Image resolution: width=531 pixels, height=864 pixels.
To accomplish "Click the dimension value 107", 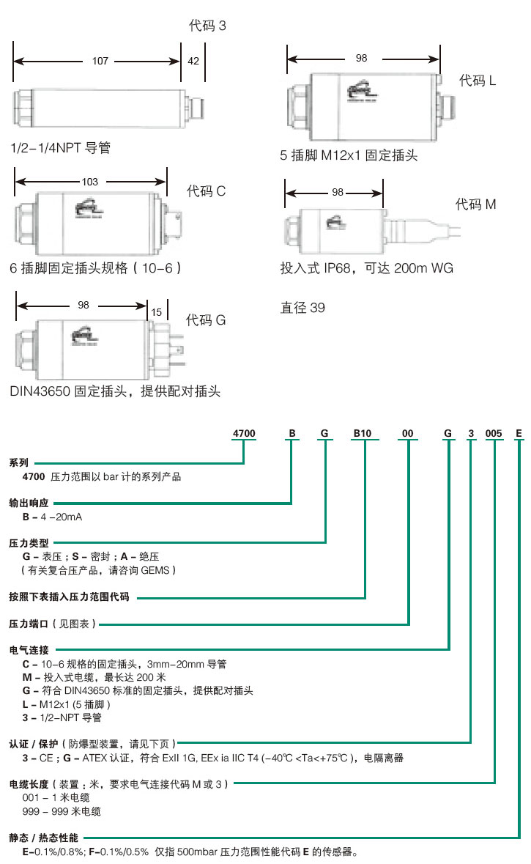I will [x=100, y=61].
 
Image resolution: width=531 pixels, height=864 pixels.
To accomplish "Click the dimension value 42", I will [x=193, y=61].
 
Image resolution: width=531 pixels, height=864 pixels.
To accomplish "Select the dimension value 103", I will [x=90, y=181].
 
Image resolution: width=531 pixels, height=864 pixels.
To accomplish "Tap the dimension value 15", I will [x=156, y=312].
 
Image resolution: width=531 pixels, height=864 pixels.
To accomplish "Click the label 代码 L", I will [x=478, y=81].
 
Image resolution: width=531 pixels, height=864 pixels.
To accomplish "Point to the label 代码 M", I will [x=475, y=204].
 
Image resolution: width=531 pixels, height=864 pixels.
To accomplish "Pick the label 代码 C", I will [x=206, y=192].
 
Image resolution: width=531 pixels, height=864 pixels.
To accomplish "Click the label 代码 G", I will [x=206, y=320].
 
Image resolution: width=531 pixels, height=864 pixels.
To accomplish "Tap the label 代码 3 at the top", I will [x=207, y=26].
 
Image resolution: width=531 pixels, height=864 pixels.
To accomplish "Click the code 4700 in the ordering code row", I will [x=244, y=433].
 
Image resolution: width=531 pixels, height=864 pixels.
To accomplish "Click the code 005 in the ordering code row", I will [x=494, y=433].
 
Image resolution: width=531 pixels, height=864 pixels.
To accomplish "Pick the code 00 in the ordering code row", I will [x=408, y=433].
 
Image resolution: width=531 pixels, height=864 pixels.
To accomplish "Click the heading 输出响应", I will [x=29, y=503].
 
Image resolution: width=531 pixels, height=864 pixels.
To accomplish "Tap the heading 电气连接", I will [x=29, y=649].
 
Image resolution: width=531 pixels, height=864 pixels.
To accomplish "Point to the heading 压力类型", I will [x=29, y=543].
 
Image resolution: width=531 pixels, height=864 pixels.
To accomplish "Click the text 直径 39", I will [x=302, y=308].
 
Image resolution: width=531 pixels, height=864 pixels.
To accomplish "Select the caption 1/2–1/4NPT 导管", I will [x=61, y=148].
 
